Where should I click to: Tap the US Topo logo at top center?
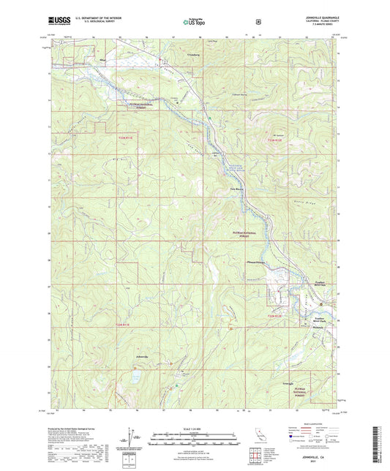tap(193, 21)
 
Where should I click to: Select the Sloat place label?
tap(103, 53)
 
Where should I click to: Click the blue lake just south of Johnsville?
tap(136, 378)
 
